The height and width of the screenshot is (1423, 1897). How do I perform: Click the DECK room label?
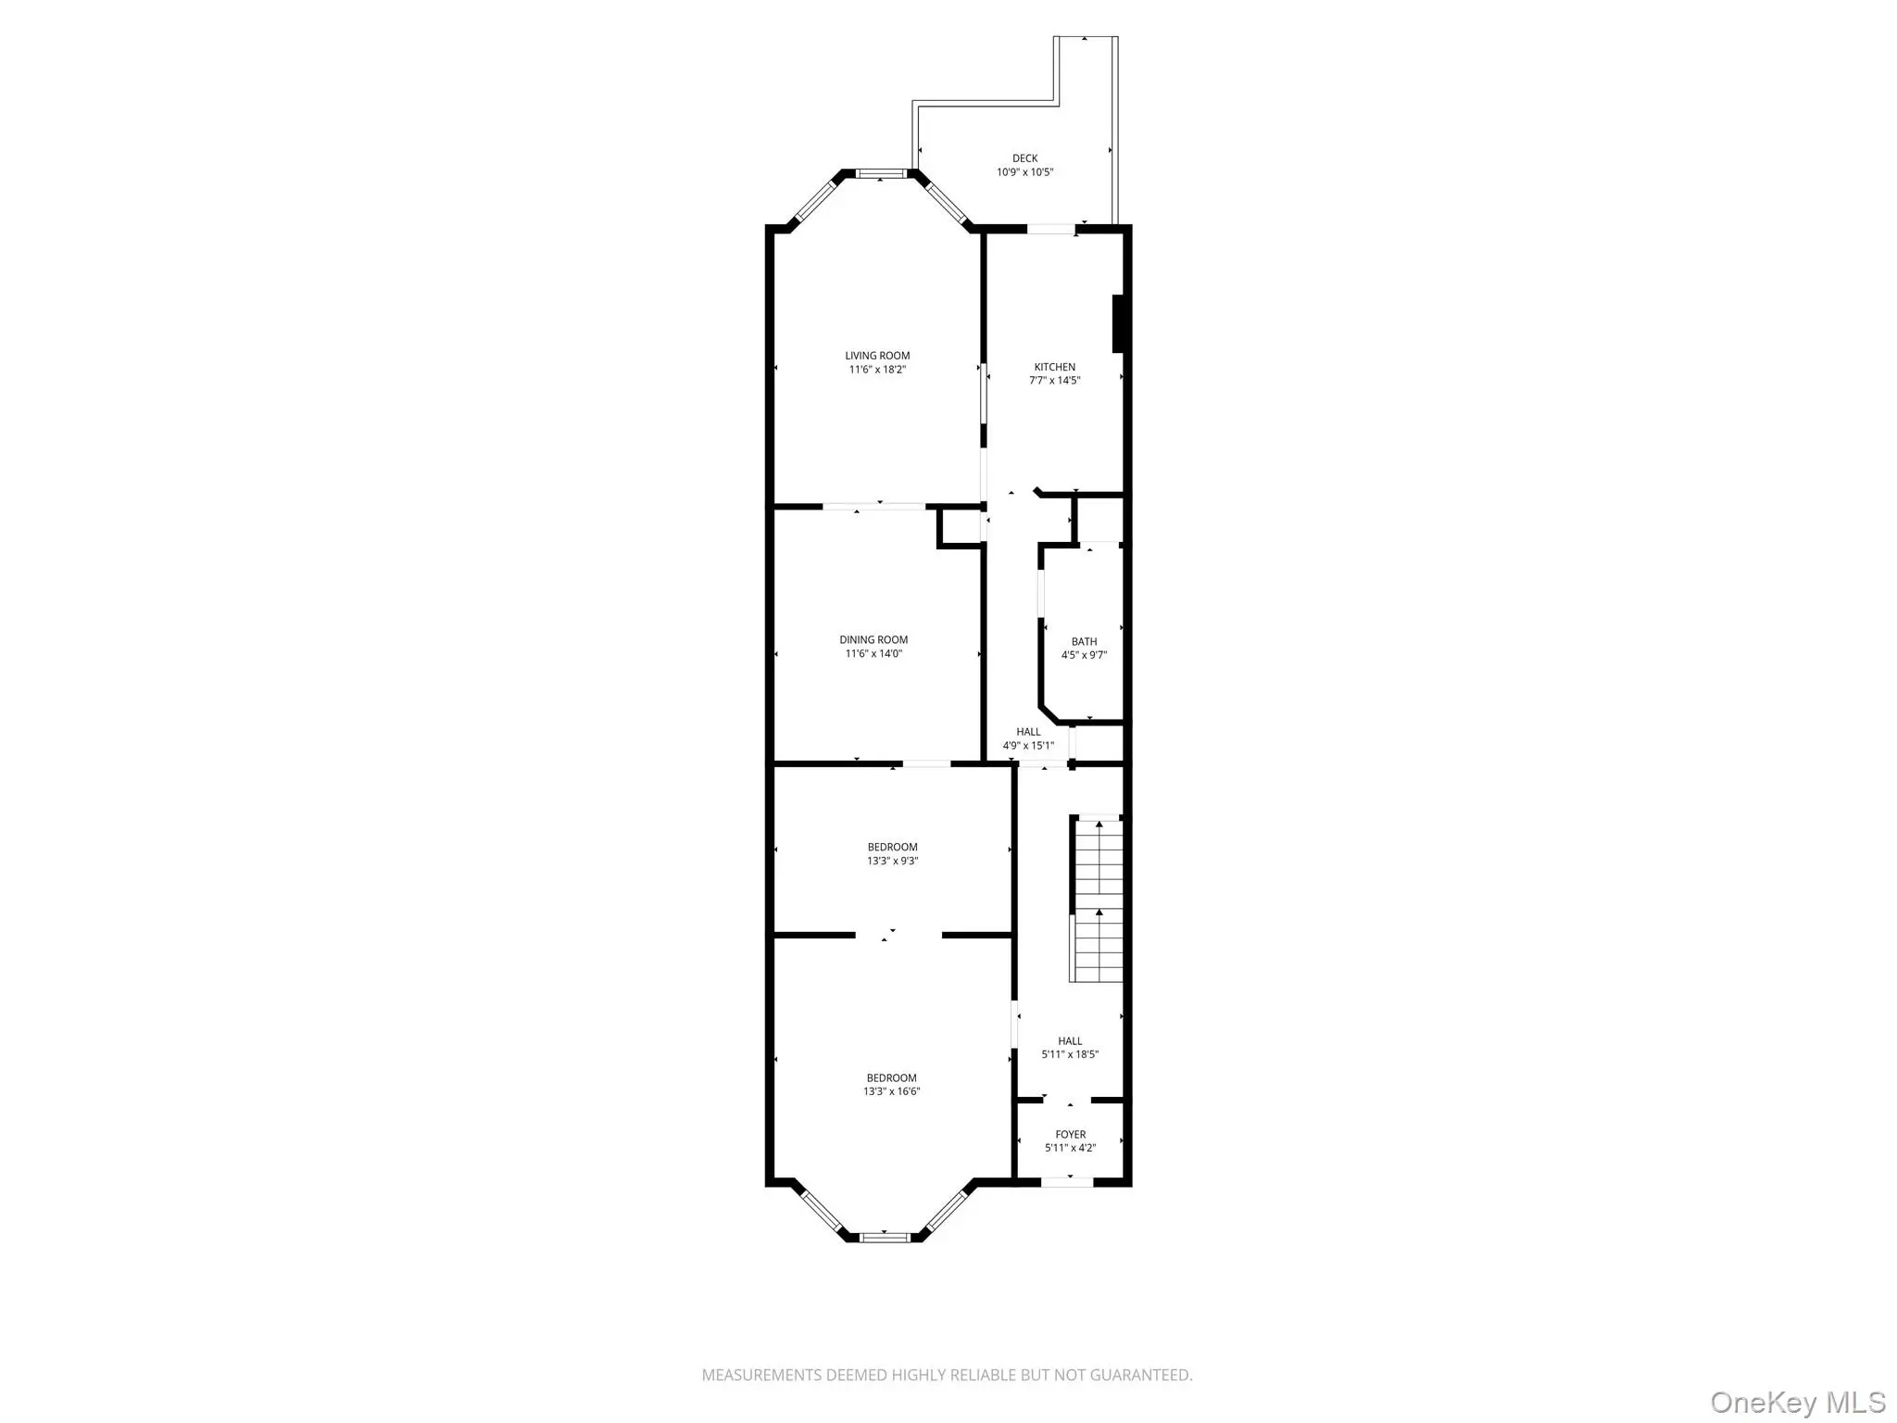(x=1024, y=158)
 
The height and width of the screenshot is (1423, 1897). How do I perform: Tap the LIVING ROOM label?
(x=877, y=356)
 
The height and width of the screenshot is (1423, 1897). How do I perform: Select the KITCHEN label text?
(x=1055, y=367)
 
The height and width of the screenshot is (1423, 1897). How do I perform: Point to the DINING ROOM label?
(x=873, y=640)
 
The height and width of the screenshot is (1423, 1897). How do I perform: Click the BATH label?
(x=1084, y=642)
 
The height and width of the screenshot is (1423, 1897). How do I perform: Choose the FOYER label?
(x=1071, y=1135)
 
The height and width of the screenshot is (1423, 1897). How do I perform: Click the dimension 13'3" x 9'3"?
(x=893, y=861)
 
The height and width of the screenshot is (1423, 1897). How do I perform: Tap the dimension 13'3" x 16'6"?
(x=892, y=1091)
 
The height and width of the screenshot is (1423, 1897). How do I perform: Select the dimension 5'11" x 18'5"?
(x=1070, y=1054)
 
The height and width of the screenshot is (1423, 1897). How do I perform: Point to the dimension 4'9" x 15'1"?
(x=1028, y=746)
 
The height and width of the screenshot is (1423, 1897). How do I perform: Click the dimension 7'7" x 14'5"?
(x=1055, y=381)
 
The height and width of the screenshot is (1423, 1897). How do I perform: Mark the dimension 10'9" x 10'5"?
(x=1025, y=172)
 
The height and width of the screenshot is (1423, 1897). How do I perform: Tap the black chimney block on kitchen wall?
(x=1118, y=323)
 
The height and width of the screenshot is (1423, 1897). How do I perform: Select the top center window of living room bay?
(x=880, y=173)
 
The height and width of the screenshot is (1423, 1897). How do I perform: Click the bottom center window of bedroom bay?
(x=885, y=1237)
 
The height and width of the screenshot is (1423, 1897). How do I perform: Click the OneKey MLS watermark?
(x=1799, y=1403)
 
